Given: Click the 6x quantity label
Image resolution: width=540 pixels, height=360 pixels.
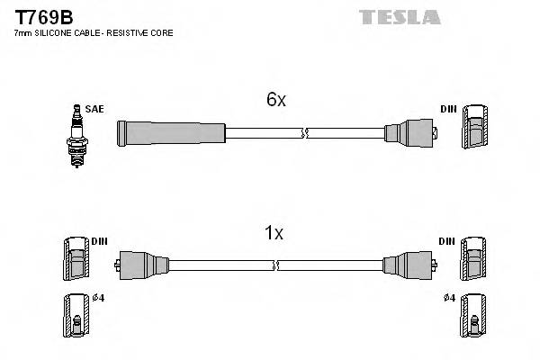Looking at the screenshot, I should [x=275, y=100].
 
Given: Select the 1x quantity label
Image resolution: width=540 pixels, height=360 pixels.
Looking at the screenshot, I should [x=274, y=233].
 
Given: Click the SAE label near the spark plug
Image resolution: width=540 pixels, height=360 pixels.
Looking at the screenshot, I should [x=95, y=109].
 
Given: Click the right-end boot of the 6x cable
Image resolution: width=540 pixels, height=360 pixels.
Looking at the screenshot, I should [x=411, y=134].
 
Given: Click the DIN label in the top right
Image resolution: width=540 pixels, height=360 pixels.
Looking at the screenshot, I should [x=448, y=109].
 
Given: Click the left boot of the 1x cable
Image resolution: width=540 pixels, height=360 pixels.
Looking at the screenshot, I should [x=139, y=265].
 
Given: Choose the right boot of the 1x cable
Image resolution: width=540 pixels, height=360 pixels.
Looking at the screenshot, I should [x=405, y=265].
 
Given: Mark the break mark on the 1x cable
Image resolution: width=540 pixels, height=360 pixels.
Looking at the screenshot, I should [x=276, y=265].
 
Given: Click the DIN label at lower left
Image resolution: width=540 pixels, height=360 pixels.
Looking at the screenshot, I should [x=99, y=241].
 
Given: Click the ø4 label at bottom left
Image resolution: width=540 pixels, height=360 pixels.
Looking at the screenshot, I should [x=99, y=298].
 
